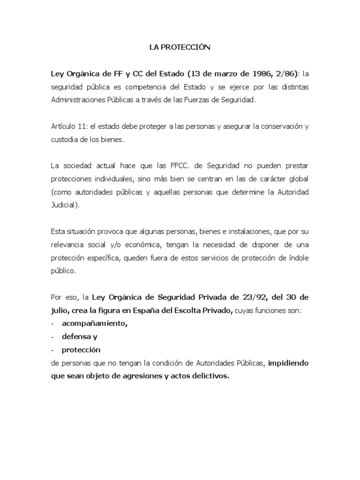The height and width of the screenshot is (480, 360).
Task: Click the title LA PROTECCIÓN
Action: tap(180, 47)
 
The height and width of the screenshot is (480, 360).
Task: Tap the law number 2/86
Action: tap(286, 74)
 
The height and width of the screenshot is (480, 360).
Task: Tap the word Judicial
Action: tap(64, 205)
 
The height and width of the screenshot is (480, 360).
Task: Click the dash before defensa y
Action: tap(52, 337)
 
